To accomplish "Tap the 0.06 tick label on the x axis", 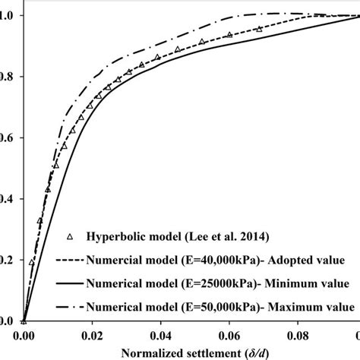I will pyautogui.click(x=226, y=334).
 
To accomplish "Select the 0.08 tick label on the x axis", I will pyautogui.click(x=294, y=334).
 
